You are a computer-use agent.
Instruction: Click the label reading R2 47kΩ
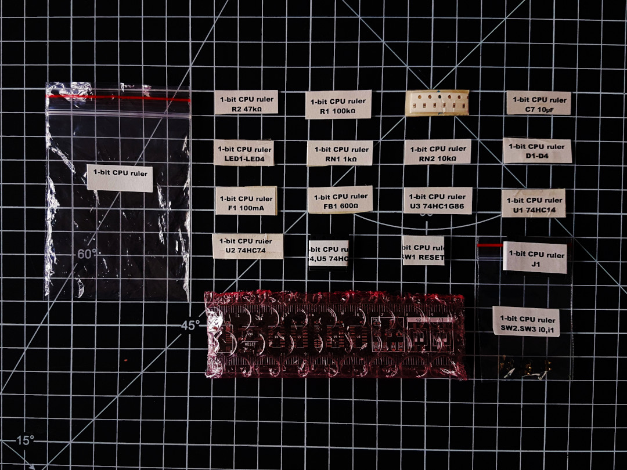click(246, 103)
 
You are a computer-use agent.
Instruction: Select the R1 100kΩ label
click(338, 105)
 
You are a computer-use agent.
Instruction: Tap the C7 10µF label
click(539, 103)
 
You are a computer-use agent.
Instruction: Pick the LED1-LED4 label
click(244, 153)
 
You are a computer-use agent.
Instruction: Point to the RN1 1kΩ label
click(340, 154)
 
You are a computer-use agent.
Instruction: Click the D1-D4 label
click(537, 151)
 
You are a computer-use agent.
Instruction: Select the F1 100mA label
click(246, 201)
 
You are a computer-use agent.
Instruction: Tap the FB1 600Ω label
click(340, 201)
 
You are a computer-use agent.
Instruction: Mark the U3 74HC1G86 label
click(438, 201)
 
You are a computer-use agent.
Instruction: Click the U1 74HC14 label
click(534, 204)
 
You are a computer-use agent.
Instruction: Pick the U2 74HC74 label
click(248, 246)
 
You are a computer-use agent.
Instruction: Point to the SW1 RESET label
click(423, 251)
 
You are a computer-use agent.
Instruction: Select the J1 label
click(535, 258)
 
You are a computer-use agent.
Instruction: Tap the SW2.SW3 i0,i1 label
click(526, 322)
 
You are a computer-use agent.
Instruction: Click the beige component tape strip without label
click(437, 103)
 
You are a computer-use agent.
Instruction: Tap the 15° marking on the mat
click(24, 440)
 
